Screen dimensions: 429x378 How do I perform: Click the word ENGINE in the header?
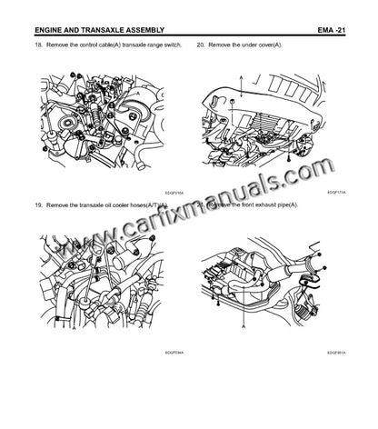[x=52, y=29]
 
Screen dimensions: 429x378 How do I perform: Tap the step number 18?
[x=36, y=45]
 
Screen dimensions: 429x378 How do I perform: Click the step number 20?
[x=202, y=45]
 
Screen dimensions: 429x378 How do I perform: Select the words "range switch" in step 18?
[x=163, y=45]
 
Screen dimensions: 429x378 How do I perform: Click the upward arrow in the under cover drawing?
[x=241, y=84]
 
